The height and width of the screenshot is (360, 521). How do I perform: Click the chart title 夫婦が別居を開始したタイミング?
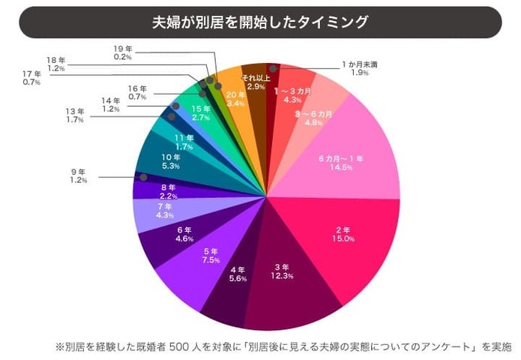260,22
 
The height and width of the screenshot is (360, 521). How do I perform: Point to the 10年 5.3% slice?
171,161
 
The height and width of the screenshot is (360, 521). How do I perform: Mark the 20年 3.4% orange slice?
235,97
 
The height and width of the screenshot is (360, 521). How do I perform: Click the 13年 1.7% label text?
76,115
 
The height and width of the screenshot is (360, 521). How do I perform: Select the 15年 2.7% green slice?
201,114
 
